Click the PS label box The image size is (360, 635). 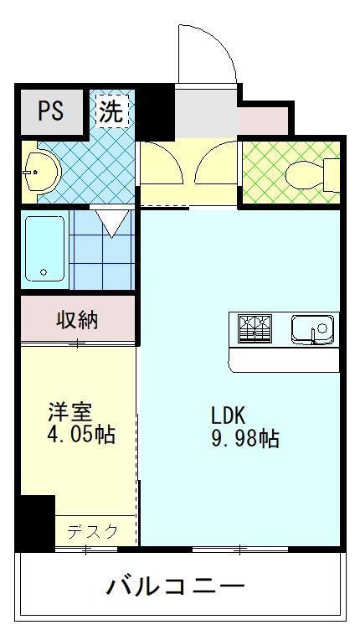tap(50, 112)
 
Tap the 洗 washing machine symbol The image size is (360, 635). tap(111, 111)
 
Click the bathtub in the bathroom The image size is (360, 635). tap(44, 248)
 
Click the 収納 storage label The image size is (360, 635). tap(77, 319)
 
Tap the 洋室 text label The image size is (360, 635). tap(69, 412)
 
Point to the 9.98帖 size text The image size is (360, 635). tap(244, 438)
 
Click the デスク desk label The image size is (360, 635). tap(92, 531)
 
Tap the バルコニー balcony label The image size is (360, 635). tap(176, 586)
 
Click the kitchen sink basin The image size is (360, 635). tap(312, 328)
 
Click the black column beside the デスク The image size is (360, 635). tap(35, 521)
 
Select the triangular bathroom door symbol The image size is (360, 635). tap(111, 223)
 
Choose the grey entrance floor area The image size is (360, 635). tap(206, 112)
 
